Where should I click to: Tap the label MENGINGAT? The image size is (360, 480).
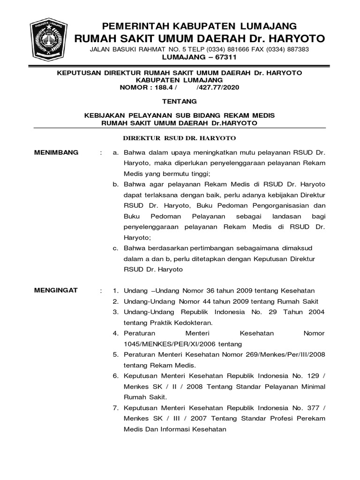(56, 291)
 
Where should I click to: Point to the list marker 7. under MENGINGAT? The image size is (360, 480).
(116, 408)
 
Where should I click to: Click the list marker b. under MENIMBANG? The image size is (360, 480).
(115, 184)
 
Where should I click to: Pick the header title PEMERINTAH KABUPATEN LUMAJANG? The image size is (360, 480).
(199, 25)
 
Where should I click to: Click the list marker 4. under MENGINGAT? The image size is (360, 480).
(116, 333)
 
